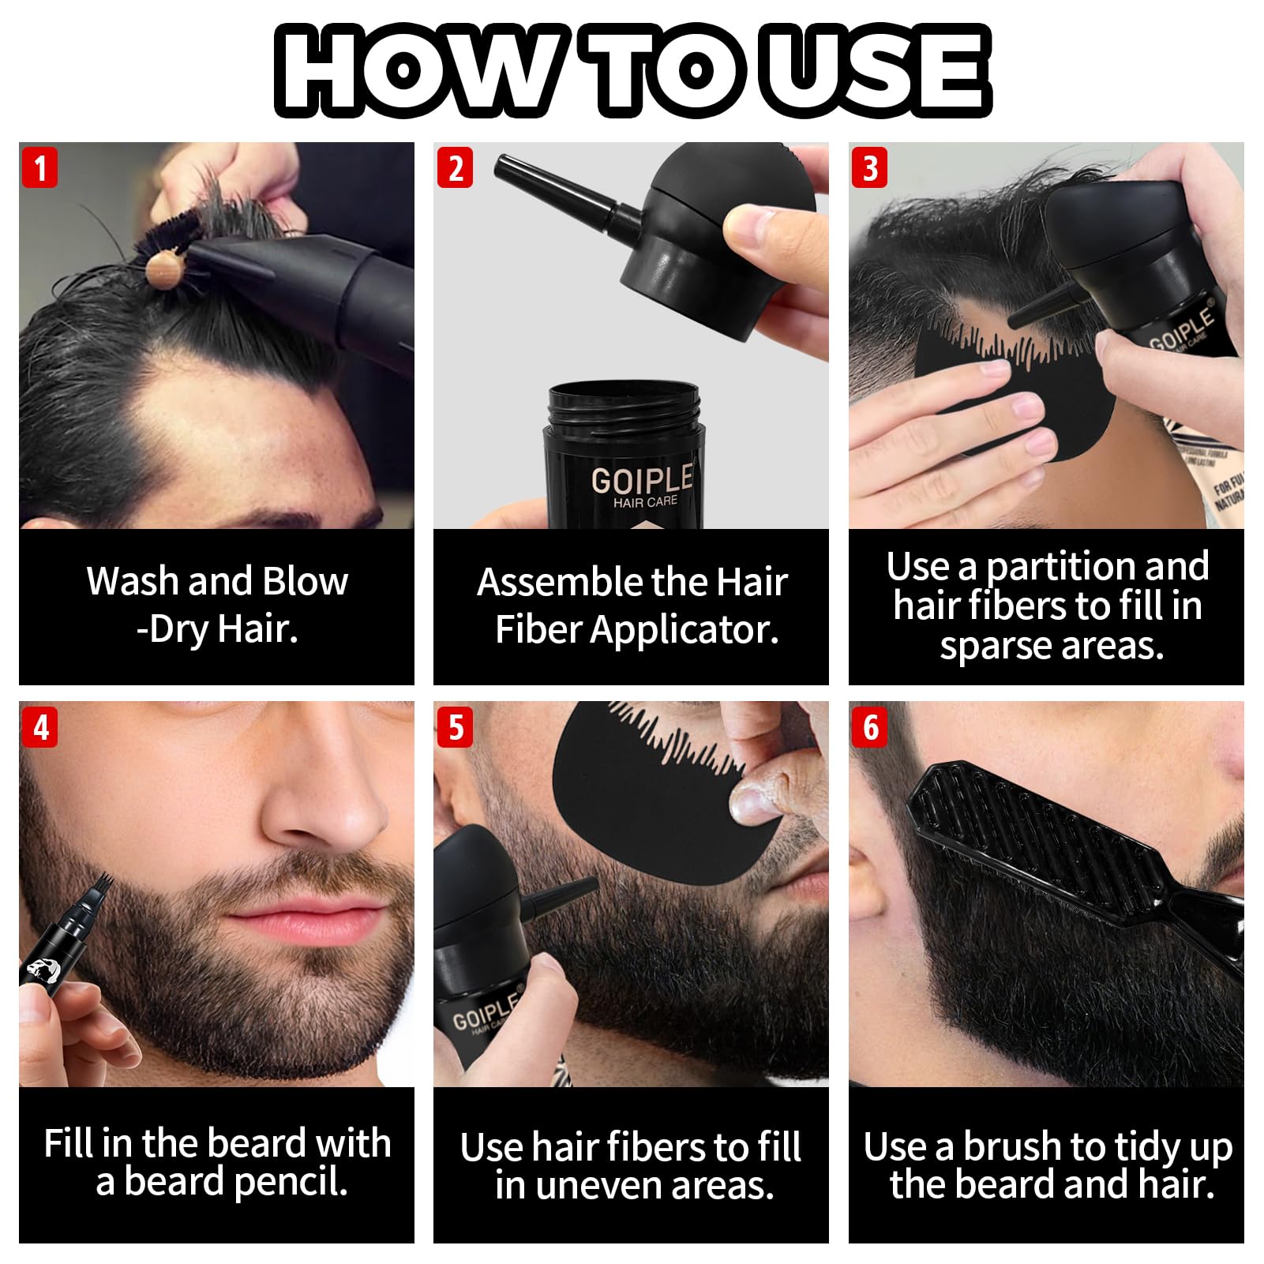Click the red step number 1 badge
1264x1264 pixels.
click(39, 167)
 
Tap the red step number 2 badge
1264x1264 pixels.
click(456, 167)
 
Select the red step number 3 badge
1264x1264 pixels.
click(870, 167)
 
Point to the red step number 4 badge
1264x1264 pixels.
click(39, 727)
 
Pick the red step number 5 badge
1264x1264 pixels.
click(456, 727)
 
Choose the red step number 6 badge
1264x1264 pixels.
click(870, 727)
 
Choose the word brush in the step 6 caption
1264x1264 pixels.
click(1011, 1146)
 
